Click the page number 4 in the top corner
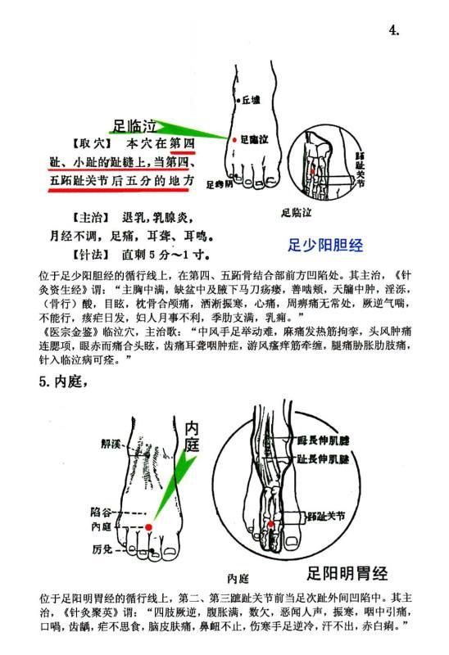[394, 31]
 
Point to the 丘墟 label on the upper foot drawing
[250, 99]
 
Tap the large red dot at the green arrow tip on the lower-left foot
[149, 527]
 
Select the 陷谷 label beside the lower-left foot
[101, 512]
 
